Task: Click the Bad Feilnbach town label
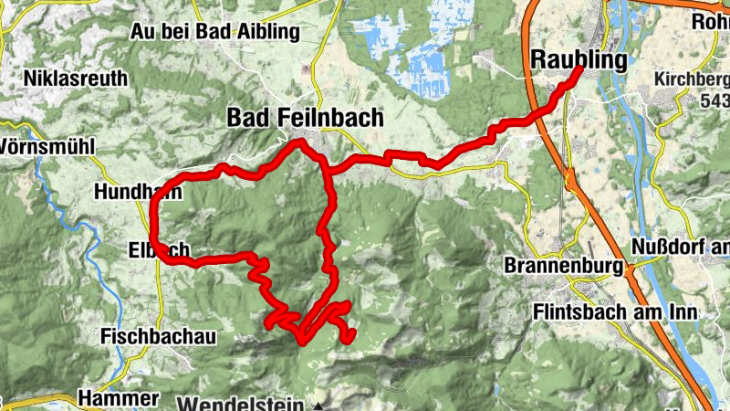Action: pyautogui.click(x=305, y=118)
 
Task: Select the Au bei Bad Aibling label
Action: pyautogui.click(x=215, y=32)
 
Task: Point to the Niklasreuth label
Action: pyautogui.click(x=77, y=78)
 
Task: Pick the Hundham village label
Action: pyautogui.click(x=137, y=193)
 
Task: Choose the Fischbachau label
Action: pyautogui.click(x=159, y=337)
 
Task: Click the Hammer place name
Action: pyautogui.click(x=119, y=398)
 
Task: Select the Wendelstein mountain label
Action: pyautogui.click(x=245, y=403)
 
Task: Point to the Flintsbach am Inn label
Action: pyautogui.click(x=614, y=312)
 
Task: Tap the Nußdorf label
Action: pyautogui.click(x=680, y=248)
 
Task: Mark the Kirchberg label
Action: pyautogui.click(x=692, y=79)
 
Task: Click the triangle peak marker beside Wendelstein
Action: pyautogui.click(x=318, y=404)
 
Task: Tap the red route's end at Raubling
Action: pyautogui.click(x=579, y=82)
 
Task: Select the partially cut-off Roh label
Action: pyautogui.click(x=711, y=20)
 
